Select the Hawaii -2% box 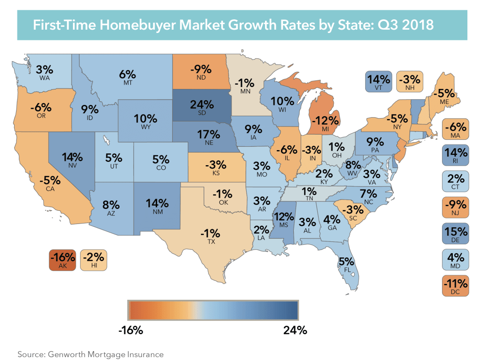pyautogui.click(x=94, y=260)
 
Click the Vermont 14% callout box pyautogui.click(x=378, y=81)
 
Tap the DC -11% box pyautogui.click(x=456, y=287)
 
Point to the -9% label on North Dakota pyautogui.click(x=199, y=72)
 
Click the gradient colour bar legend pyautogui.click(x=213, y=310)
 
